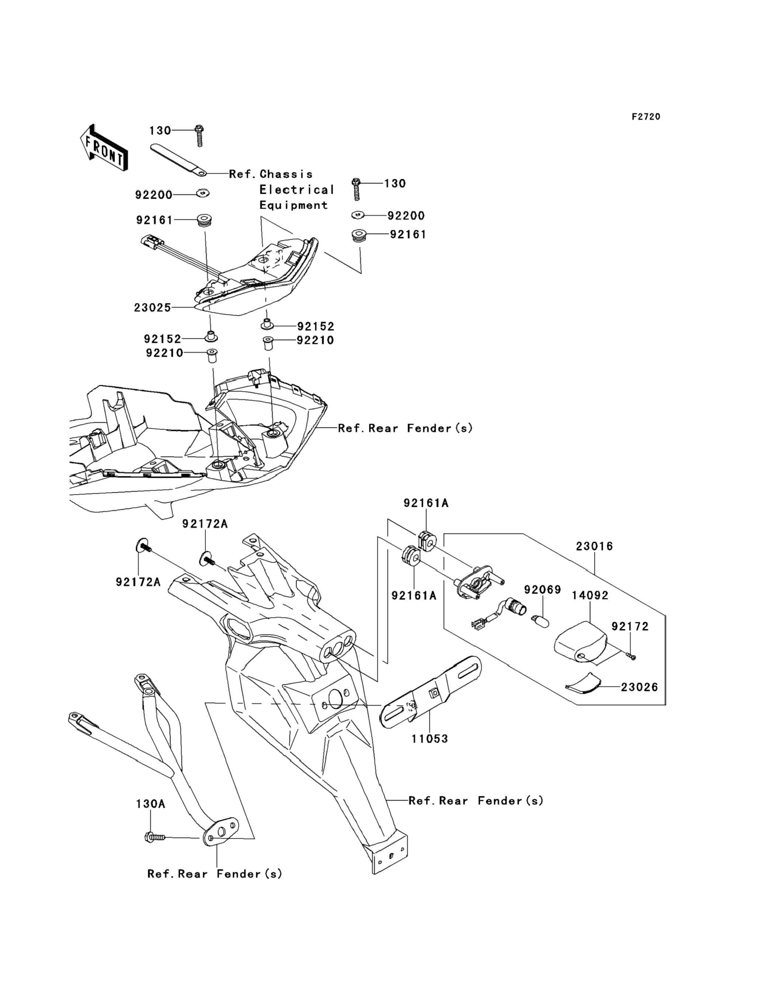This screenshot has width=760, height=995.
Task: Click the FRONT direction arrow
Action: tap(104, 148)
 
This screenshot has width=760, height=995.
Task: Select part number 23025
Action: tap(153, 308)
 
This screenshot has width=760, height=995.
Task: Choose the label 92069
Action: tap(543, 589)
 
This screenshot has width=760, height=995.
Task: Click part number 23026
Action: tap(639, 687)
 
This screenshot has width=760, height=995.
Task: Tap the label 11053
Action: tap(429, 739)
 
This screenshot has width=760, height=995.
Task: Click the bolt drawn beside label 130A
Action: tap(154, 838)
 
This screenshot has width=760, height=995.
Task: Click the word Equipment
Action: tap(293, 205)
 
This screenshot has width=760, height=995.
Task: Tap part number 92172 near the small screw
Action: tap(630, 626)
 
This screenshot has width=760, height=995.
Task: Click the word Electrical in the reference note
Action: tap(296, 190)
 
